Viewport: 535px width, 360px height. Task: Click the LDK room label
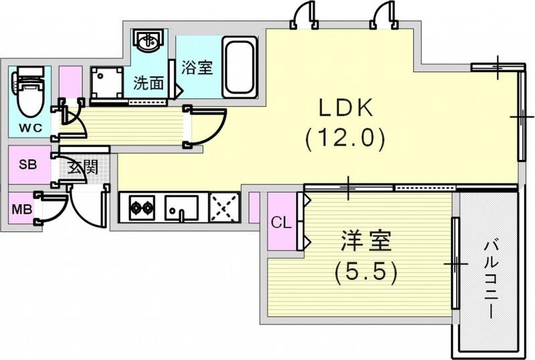pyautogui.click(x=344, y=109)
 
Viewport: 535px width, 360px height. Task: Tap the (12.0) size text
pyautogui.click(x=344, y=139)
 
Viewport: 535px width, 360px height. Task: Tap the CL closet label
pyautogui.click(x=281, y=223)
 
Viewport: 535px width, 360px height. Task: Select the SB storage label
pyautogui.click(x=27, y=165)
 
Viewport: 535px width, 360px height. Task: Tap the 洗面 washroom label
pyautogui.click(x=148, y=84)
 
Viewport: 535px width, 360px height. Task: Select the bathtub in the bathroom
pyautogui.click(x=239, y=66)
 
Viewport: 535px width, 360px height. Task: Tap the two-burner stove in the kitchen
pyautogui.click(x=141, y=207)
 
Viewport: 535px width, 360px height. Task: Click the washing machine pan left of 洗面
pyautogui.click(x=107, y=83)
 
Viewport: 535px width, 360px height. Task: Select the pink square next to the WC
pyautogui.click(x=70, y=82)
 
